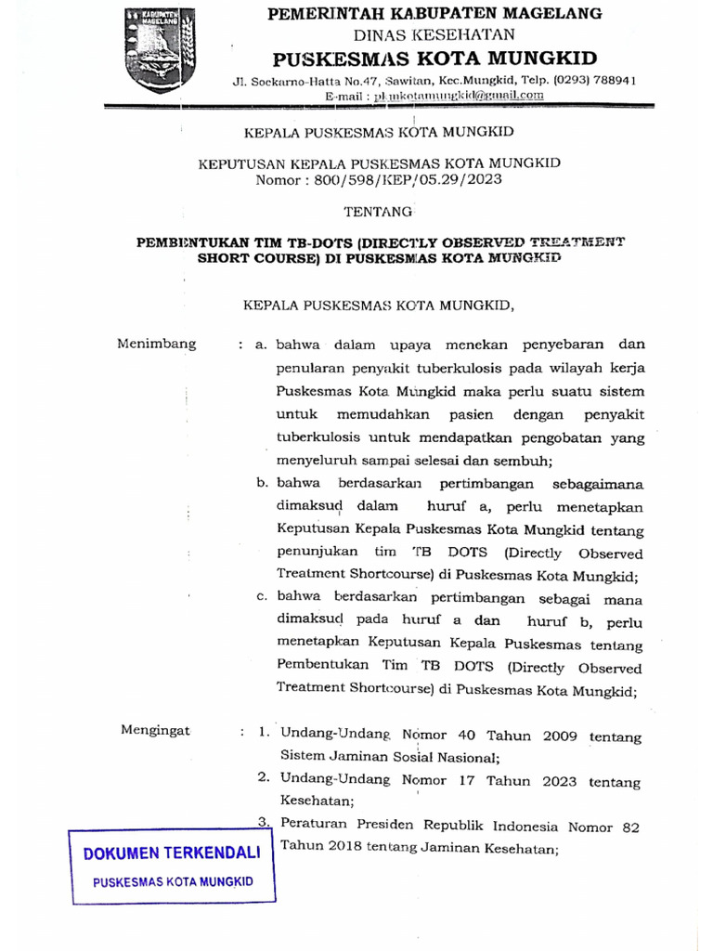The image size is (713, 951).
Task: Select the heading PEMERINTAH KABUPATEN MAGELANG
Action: click(434, 13)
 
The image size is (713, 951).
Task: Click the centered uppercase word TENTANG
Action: click(378, 212)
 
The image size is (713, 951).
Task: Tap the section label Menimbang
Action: click(157, 344)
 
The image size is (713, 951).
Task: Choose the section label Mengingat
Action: click(155, 730)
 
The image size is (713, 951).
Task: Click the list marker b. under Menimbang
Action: click(263, 483)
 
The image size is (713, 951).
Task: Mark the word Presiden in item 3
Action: click(387, 826)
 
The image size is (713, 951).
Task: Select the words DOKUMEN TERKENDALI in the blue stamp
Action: click(173, 853)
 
